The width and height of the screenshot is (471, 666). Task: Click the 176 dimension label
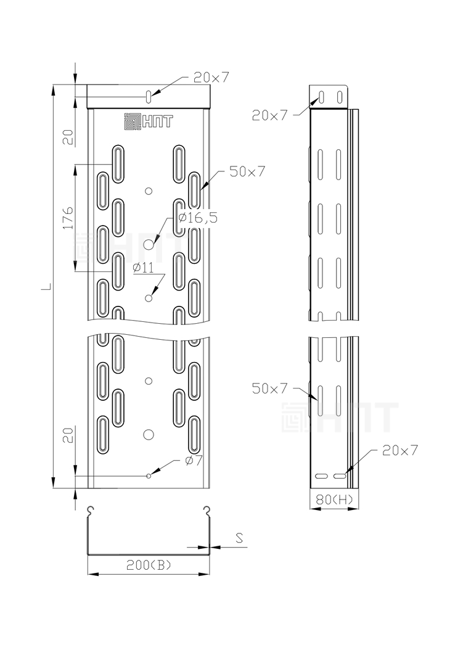point(68,218)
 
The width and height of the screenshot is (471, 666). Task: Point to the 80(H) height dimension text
point(334,499)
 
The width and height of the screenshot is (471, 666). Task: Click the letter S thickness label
point(239,538)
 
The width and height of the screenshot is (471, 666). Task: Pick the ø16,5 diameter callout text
point(197,218)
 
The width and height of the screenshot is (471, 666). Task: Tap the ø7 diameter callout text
point(194,461)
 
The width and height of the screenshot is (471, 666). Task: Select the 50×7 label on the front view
point(247,171)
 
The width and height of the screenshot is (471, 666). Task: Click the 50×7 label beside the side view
point(269,388)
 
